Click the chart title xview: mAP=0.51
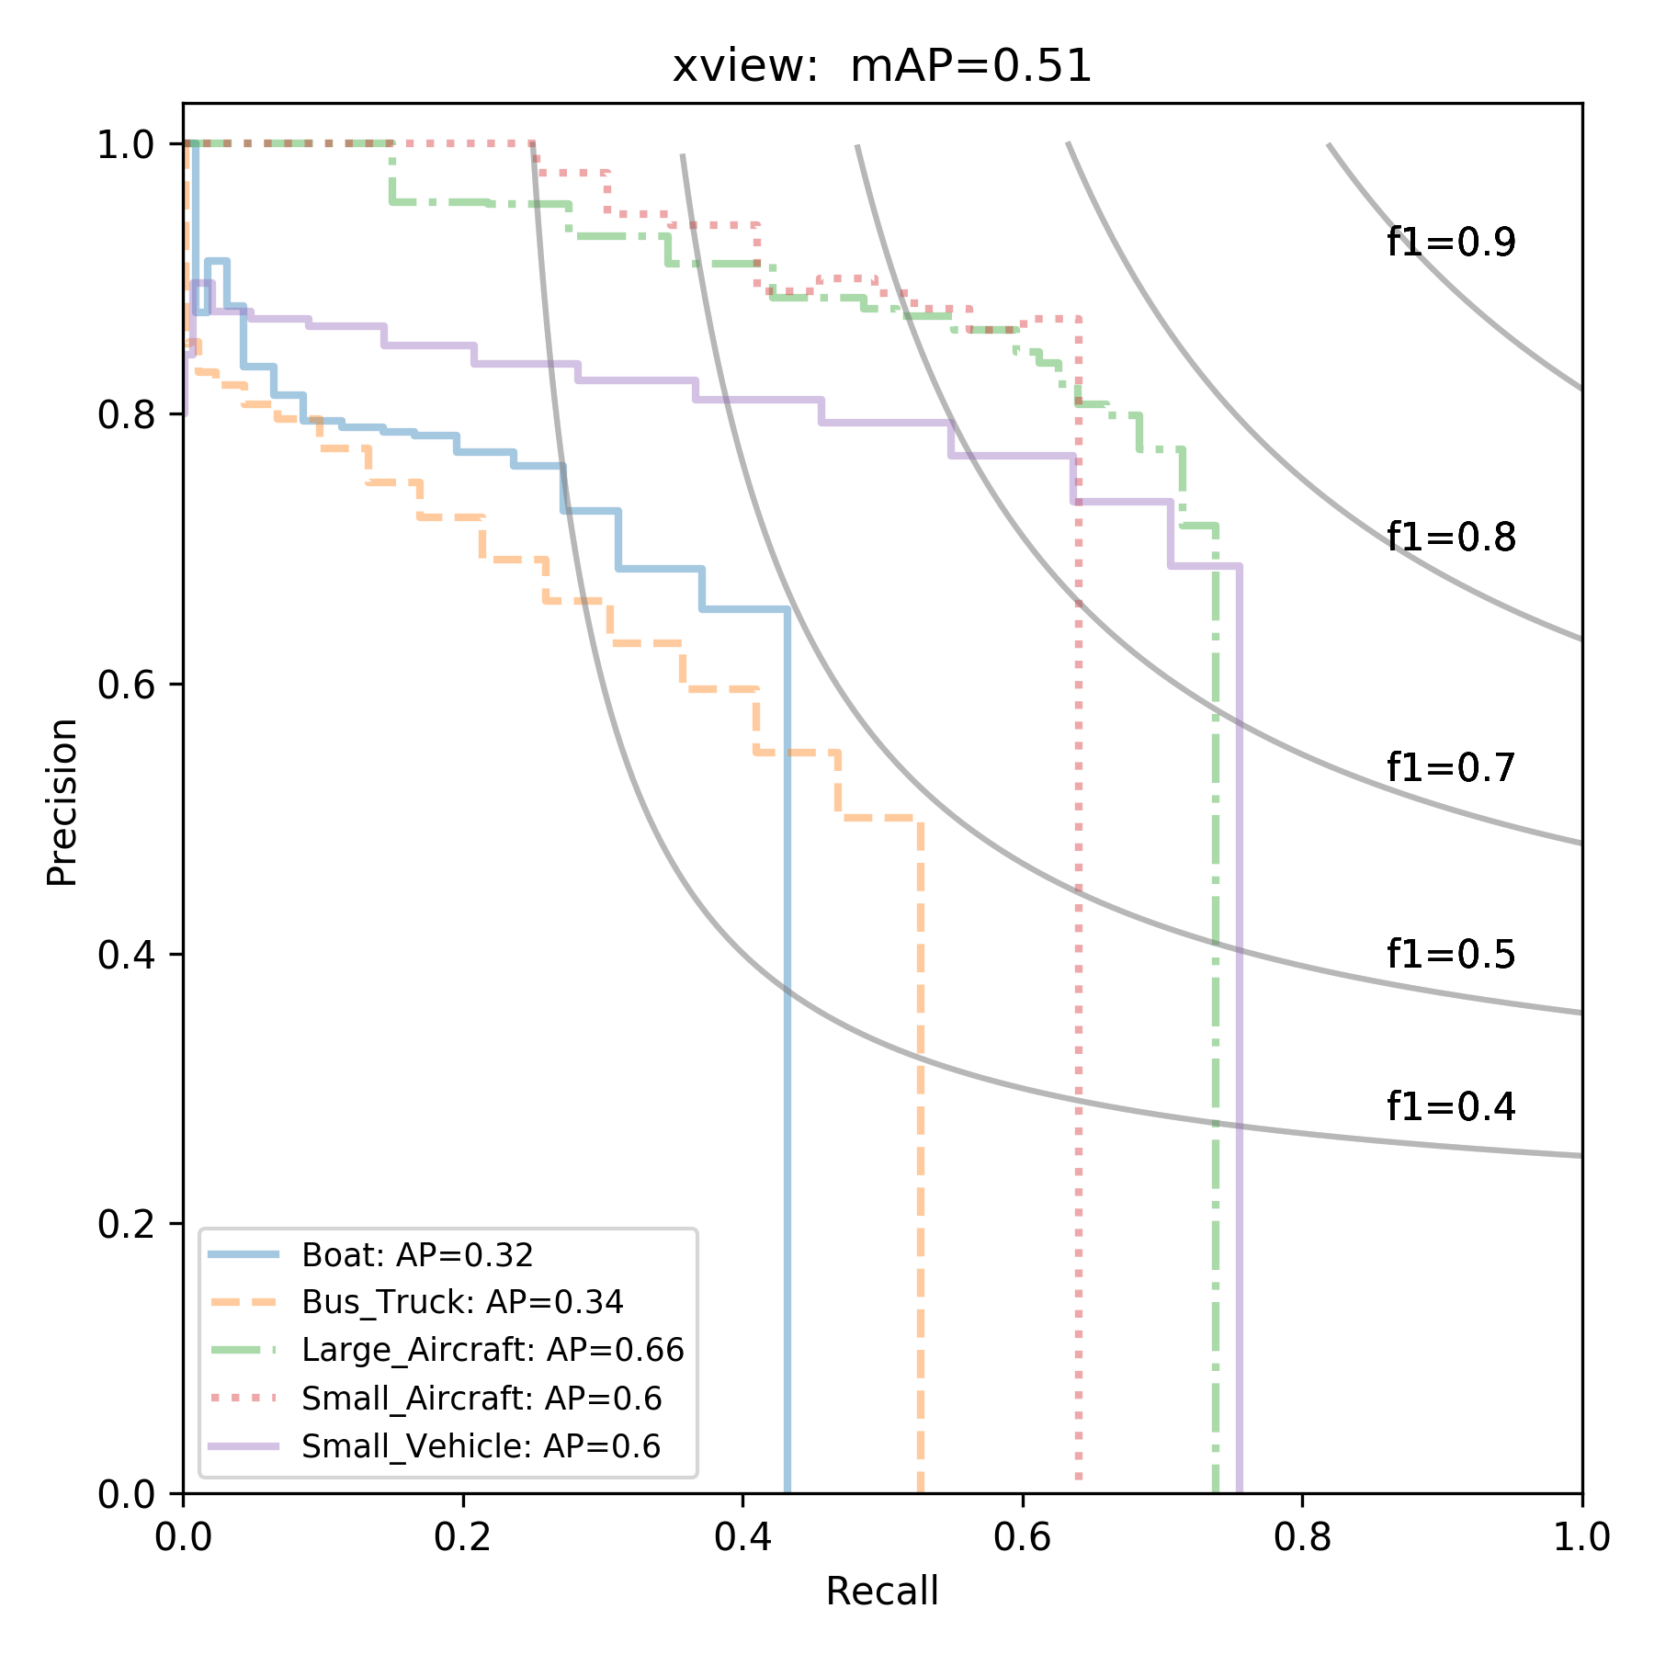click(881, 66)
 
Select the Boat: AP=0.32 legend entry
click(417, 1254)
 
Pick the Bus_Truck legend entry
click(462, 1302)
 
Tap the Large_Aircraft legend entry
click(493, 1350)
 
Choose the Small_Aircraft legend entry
click(481, 1399)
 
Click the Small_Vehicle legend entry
click(481, 1446)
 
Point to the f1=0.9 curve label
click(1451, 243)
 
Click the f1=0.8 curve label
click(1451, 537)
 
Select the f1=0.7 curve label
click(1451, 767)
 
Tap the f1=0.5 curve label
click(1451, 956)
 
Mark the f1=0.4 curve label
click(1451, 1106)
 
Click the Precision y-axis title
click(62, 801)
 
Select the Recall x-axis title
click(882, 1592)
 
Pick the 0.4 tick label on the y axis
click(128, 955)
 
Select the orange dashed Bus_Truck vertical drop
click(920, 1149)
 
